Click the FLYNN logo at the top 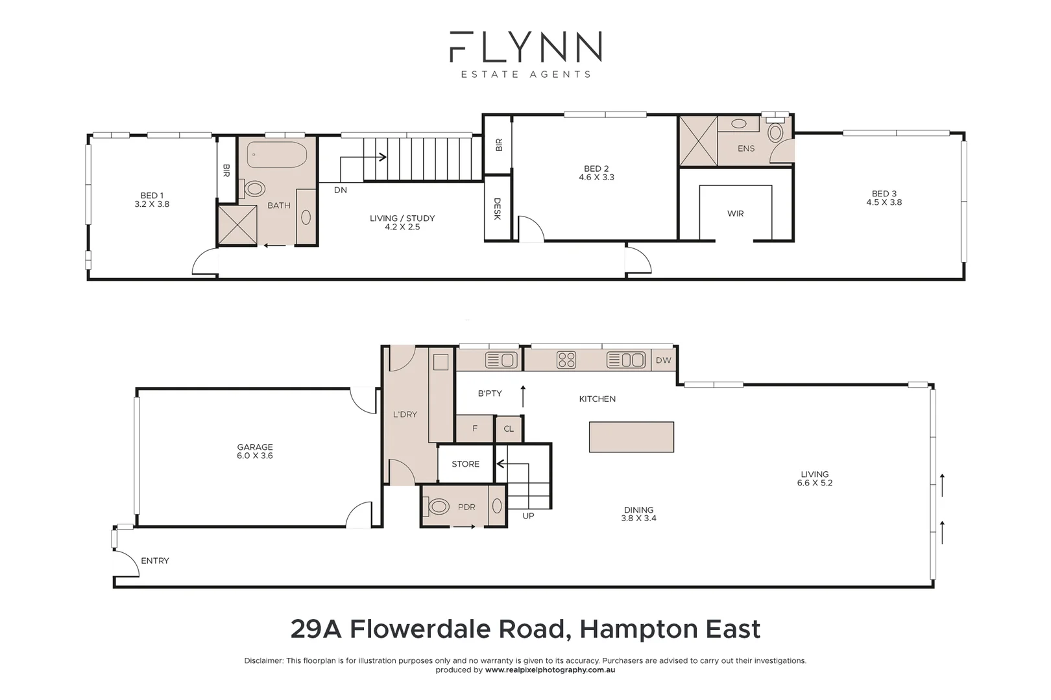(x=525, y=47)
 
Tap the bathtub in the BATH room (x=277, y=155)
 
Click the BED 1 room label (x=152, y=195)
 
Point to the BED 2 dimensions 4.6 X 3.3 (x=596, y=178)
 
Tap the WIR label (x=735, y=213)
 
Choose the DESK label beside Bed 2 (x=498, y=209)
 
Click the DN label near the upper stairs (x=341, y=190)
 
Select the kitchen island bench (x=631, y=437)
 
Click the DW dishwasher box (x=663, y=360)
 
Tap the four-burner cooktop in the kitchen (x=566, y=360)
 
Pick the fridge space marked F (x=475, y=428)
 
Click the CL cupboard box (x=509, y=428)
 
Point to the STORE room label (x=465, y=464)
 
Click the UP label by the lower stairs (x=528, y=516)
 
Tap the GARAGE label (x=255, y=447)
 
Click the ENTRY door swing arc (x=127, y=563)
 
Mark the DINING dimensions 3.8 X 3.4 (x=638, y=519)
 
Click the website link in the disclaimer (x=550, y=670)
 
